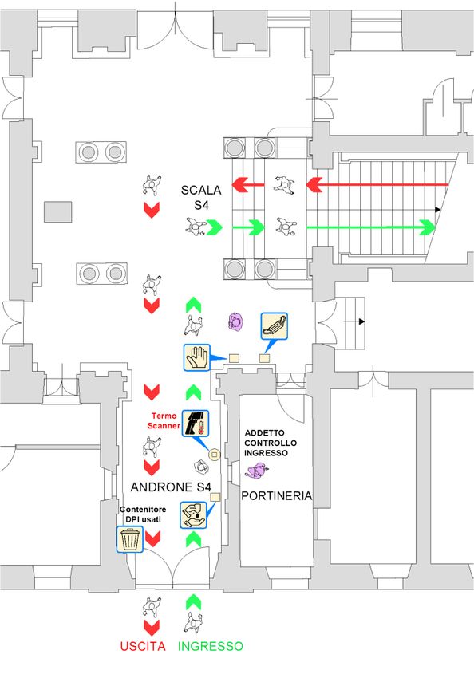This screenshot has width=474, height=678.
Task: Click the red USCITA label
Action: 143,646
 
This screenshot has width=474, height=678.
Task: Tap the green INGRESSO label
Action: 211,646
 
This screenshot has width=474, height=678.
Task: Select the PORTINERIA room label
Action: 277,495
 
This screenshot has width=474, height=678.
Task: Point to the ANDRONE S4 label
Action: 171,487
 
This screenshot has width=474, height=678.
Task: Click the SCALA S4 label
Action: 201,197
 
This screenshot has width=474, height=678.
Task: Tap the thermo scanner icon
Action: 196,423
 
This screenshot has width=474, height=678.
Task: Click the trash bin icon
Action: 130,539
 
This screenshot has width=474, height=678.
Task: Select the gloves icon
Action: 197,357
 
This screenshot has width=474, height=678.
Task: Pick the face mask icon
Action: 275,326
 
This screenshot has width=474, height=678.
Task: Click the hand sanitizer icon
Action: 193,515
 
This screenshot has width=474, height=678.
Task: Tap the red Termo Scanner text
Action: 164,420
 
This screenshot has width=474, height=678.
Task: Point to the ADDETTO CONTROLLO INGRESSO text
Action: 271,443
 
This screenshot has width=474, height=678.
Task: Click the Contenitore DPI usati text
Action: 143,514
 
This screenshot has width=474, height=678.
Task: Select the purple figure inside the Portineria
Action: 257,471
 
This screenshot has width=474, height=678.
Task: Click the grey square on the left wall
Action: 58,212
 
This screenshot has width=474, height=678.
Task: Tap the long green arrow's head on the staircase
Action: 428,227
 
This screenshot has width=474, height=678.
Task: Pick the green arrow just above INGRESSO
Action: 193,601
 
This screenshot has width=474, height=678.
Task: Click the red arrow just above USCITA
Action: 152,628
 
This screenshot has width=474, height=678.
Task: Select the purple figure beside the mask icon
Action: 236,321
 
